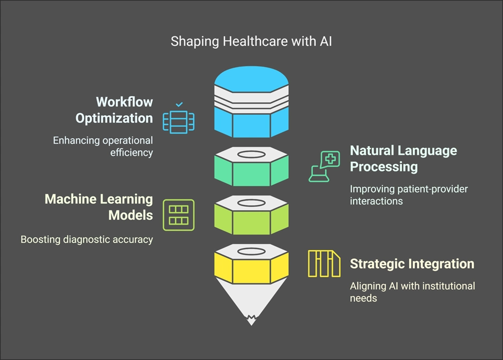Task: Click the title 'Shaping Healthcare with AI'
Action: coord(251,41)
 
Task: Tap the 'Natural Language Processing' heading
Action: coord(403,158)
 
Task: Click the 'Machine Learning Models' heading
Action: coord(99,207)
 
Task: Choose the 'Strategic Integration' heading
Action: coord(411,264)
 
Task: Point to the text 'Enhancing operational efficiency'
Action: coord(103,146)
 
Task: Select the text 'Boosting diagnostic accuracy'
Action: coord(87,239)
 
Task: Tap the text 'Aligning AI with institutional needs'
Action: coord(412,292)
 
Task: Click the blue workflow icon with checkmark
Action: coord(178,118)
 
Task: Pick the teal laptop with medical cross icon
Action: coord(325,166)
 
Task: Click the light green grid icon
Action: coord(178,214)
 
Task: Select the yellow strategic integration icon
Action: coord(324,264)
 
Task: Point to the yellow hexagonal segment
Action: coord(251,268)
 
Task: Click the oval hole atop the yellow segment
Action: coord(251,251)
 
